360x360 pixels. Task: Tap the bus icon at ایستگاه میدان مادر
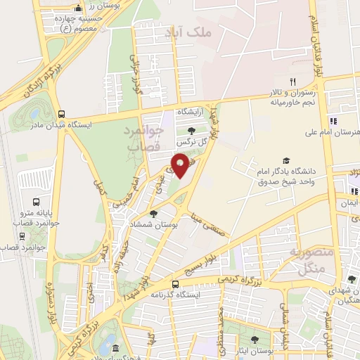[x=62, y=113]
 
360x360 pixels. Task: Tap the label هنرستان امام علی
[x=334, y=131]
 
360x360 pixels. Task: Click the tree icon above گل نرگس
[x=191, y=130]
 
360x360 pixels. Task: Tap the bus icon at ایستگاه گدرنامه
[x=175, y=285]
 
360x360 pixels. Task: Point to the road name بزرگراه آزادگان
[x=29, y=82]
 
